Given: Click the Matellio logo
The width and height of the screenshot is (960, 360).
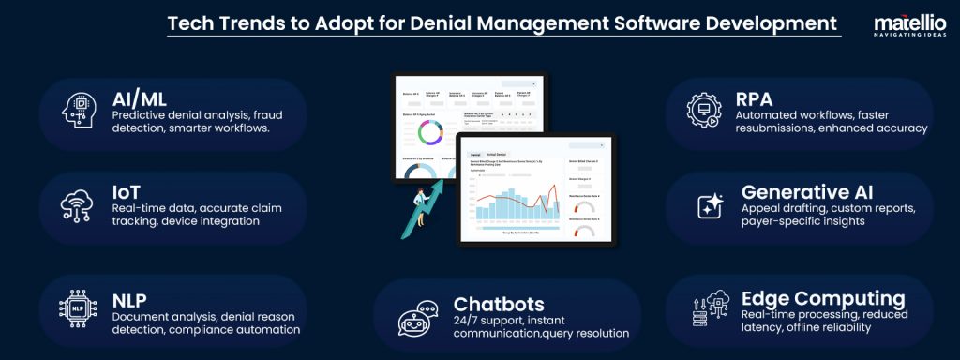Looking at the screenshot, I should pyautogui.click(x=905, y=27).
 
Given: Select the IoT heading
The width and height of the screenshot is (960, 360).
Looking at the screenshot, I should pyautogui.click(x=127, y=190).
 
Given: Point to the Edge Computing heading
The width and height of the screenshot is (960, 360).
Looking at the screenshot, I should pyautogui.click(x=823, y=298).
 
